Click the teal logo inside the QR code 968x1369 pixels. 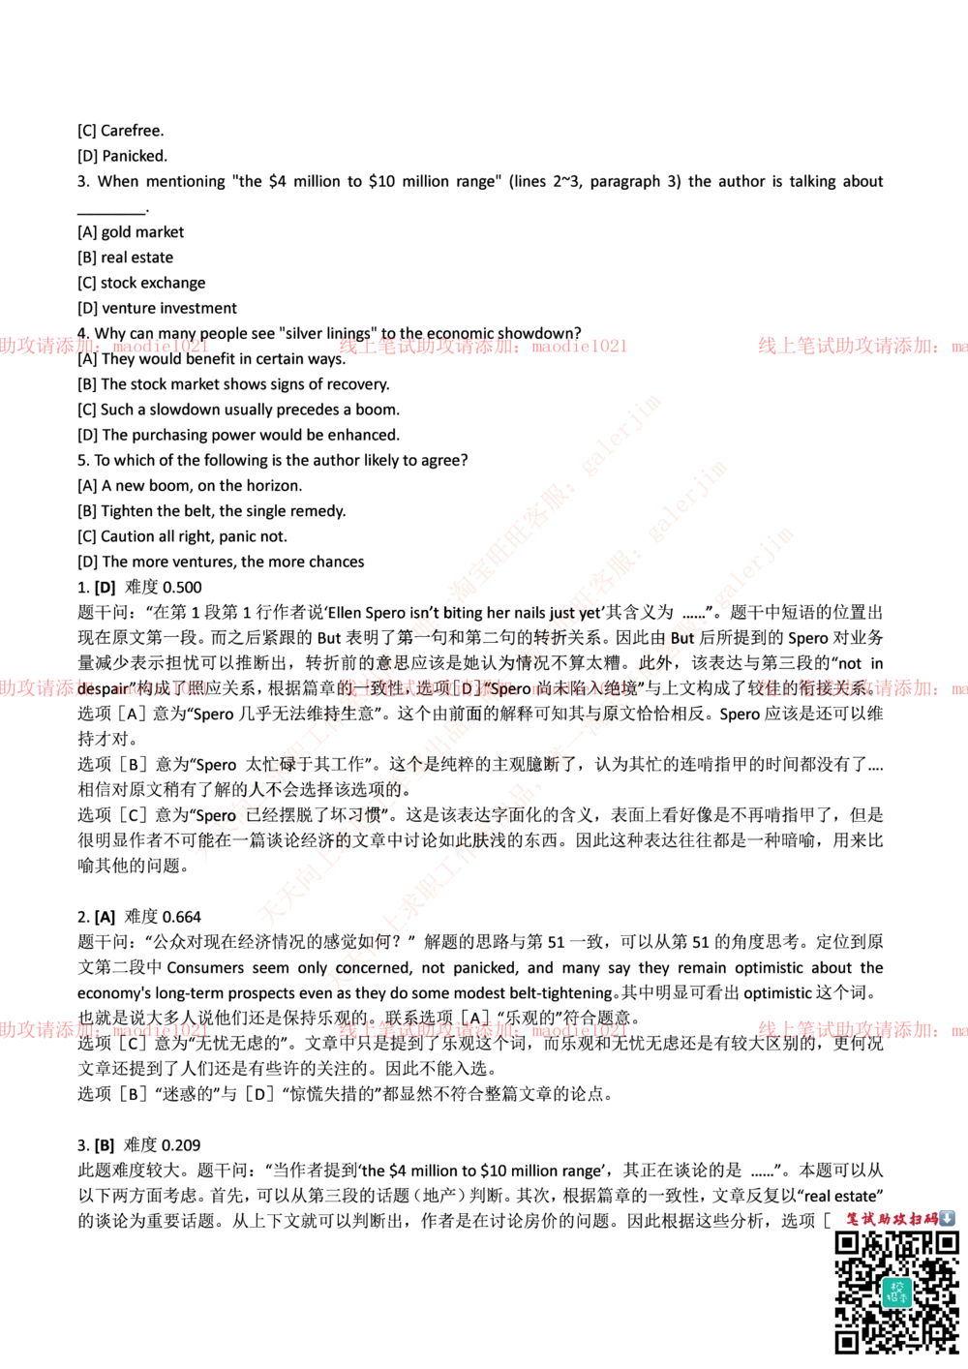point(896,1291)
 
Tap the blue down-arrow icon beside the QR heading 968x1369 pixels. point(947,1219)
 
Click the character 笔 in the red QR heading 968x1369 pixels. point(853,1219)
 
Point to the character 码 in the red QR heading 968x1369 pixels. point(930,1219)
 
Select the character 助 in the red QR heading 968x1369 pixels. point(884,1219)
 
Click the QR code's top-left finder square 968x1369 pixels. point(847,1243)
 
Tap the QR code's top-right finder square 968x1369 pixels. point(945,1243)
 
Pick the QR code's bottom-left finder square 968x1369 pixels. point(847,1341)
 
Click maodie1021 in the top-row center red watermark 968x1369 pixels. point(577,346)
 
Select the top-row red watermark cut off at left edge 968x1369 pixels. point(103,346)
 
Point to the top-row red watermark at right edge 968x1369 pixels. point(862,346)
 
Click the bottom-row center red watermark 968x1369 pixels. point(482,1030)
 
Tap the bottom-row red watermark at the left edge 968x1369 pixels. point(103,1030)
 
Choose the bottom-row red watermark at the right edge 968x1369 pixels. point(862,1030)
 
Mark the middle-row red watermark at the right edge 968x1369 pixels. point(862,688)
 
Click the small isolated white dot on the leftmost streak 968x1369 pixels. point(423,626)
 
